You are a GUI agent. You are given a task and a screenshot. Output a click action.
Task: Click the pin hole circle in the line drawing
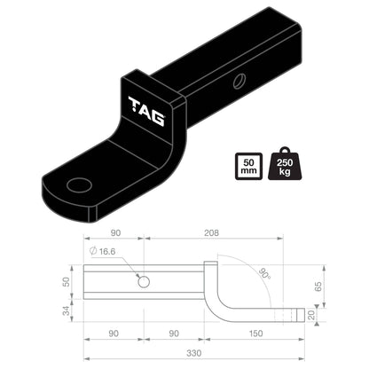click(144, 281)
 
